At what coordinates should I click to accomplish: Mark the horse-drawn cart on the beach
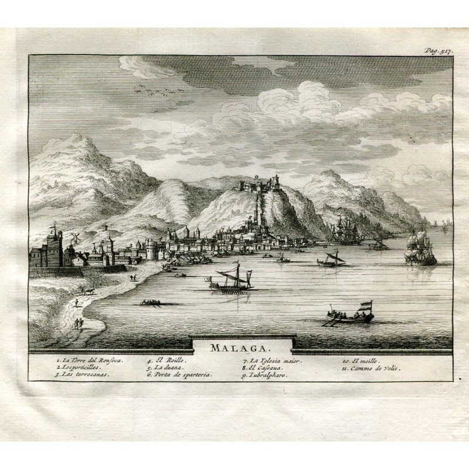point(88,289)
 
